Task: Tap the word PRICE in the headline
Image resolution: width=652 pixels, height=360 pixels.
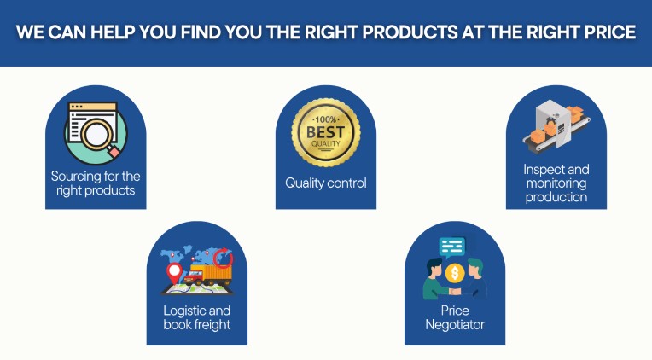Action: click(610, 32)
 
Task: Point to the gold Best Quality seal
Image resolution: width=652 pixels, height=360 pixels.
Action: click(326, 132)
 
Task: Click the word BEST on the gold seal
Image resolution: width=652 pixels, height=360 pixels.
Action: click(326, 132)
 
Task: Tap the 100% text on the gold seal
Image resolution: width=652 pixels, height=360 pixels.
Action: click(326, 119)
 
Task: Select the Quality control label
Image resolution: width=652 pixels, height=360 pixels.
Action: click(326, 183)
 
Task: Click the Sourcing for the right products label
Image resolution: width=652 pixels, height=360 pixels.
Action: click(96, 183)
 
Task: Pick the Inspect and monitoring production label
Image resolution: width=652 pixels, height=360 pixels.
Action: click(556, 183)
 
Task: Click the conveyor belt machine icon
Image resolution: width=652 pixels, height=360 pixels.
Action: click(556, 126)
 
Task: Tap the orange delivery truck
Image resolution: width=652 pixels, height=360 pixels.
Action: click(208, 275)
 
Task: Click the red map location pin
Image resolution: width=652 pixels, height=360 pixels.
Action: click(174, 272)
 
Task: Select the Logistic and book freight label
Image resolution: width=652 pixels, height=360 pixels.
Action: click(197, 317)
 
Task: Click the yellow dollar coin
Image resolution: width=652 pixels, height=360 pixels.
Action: click(455, 273)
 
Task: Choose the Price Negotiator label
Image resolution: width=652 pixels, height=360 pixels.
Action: click(455, 317)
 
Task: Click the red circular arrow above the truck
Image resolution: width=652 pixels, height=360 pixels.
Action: click(224, 258)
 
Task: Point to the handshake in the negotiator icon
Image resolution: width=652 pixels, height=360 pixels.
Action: click(456, 292)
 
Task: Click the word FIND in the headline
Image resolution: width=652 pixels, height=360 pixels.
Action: click(201, 32)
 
